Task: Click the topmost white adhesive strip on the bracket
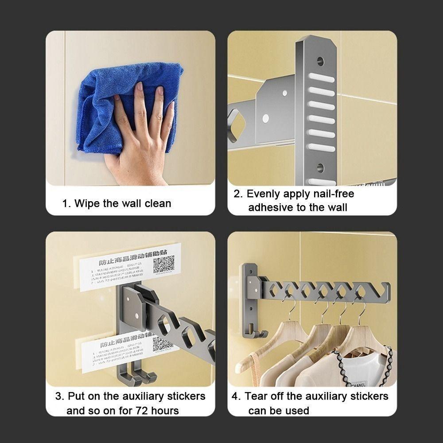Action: pos(321,79)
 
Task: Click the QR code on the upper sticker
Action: pos(163,264)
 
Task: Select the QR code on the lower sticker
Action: pos(163,344)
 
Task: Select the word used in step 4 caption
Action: pos(297,411)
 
